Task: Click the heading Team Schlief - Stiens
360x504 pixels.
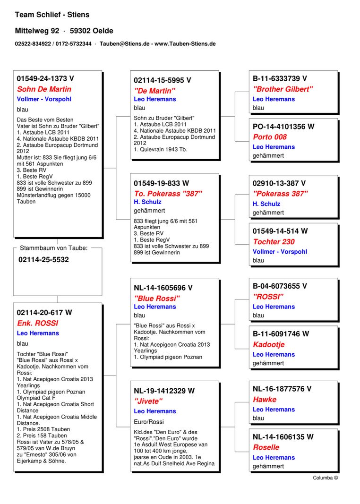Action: click(x=52, y=15)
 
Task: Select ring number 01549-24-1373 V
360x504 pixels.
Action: click(x=45, y=78)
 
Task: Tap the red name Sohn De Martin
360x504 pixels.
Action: click(x=44, y=89)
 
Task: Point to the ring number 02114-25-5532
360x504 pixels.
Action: click(x=43, y=260)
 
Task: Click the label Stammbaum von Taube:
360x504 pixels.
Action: click(x=53, y=248)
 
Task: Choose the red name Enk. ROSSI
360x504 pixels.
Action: click(x=37, y=323)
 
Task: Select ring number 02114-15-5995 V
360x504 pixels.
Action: click(x=163, y=80)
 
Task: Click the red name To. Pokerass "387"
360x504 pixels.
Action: click(x=168, y=193)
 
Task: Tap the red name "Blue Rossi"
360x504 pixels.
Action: click(x=157, y=298)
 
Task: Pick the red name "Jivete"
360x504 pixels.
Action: click(x=148, y=401)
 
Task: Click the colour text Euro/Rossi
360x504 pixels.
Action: click(x=149, y=421)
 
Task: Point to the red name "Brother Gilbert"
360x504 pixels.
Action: click(x=283, y=89)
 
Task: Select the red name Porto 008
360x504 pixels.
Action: click(x=269, y=137)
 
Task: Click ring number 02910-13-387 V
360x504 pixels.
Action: click(x=279, y=183)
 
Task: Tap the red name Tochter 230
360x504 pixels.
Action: click(x=274, y=241)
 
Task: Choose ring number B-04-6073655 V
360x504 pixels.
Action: click(x=280, y=286)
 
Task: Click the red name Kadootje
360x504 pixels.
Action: click(x=268, y=344)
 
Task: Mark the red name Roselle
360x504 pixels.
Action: click(x=266, y=447)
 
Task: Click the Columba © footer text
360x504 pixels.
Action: click(x=325, y=478)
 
